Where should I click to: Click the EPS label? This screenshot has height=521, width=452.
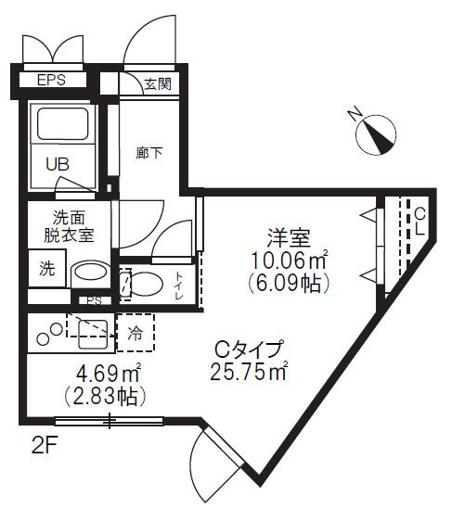pyautogui.click(x=52, y=81)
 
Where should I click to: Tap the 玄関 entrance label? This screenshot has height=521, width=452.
pyautogui.click(x=157, y=84)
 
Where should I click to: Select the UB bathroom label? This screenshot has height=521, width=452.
pyautogui.click(x=58, y=164)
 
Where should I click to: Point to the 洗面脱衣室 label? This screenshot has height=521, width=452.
pyautogui.click(x=70, y=227)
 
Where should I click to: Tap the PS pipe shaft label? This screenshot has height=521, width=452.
pyautogui.click(x=93, y=300)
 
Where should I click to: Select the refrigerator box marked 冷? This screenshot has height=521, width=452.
pyautogui.click(x=136, y=330)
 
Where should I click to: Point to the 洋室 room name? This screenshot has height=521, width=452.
pyautogui.click(x=291, y=236)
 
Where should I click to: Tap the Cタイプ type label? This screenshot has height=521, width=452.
pyautogui.click(x=247, y=350)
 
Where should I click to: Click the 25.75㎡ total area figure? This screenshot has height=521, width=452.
pyautogui.click(x=250, y=373)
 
